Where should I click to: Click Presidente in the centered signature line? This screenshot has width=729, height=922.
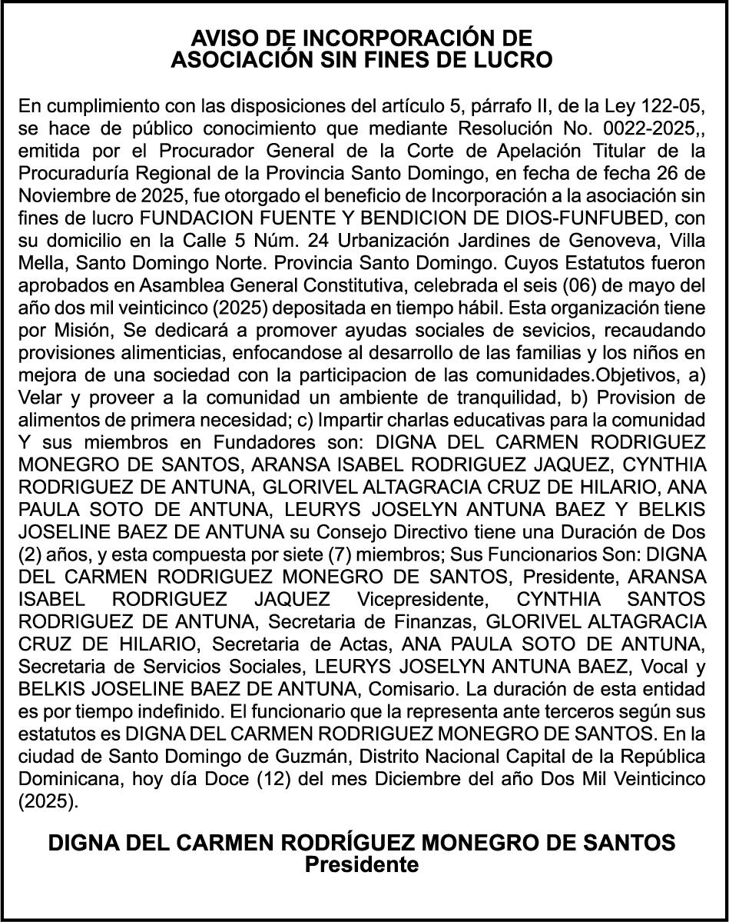[x=362, y=865]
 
